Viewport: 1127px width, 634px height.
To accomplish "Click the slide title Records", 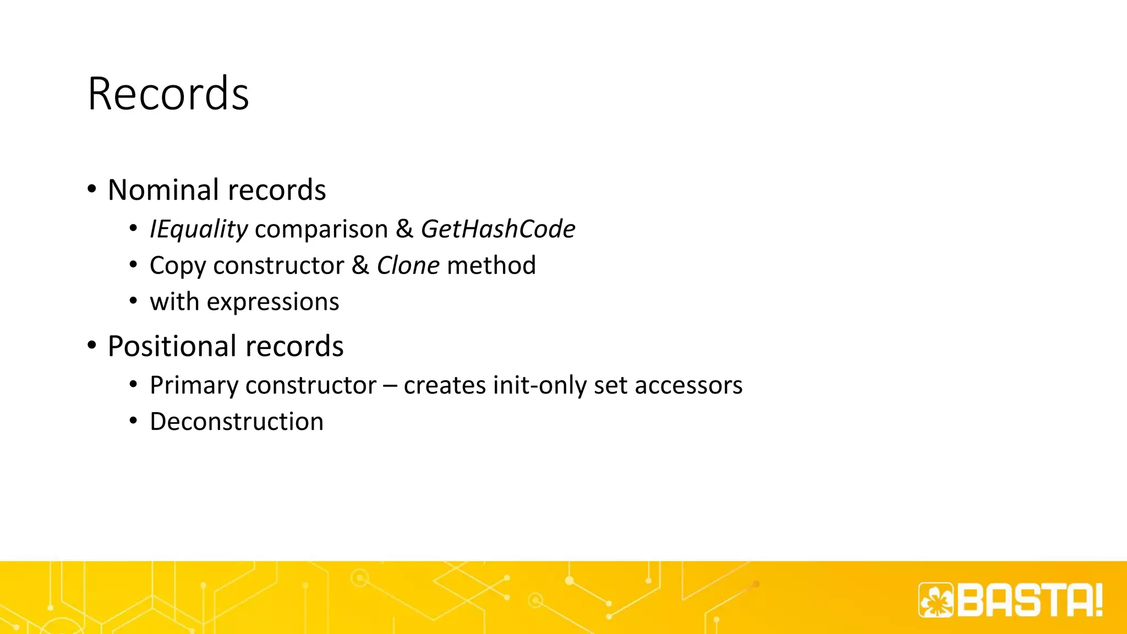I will tap(168, 94).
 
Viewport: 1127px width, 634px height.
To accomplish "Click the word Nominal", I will tap(163, 190).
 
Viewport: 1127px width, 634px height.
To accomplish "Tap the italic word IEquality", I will tap(199, 229).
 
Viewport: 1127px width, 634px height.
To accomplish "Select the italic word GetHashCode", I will tap(498, 229).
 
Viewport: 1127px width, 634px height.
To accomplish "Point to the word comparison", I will tap(321, 229).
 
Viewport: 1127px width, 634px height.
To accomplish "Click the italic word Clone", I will tap(408, 265).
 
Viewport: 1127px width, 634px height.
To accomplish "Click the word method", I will tap(491, 265).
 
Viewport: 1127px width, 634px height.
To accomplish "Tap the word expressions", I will tap(273, 302).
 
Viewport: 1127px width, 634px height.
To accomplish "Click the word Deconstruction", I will tap(237, 422).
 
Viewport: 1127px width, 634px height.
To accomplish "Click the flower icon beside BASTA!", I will tap(936, 600).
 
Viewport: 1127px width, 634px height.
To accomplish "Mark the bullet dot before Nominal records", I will tap(92, 189).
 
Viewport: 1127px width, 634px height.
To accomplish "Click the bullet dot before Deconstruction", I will tap(133, 422).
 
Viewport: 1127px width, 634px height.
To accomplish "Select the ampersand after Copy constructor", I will tap(360, 265).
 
